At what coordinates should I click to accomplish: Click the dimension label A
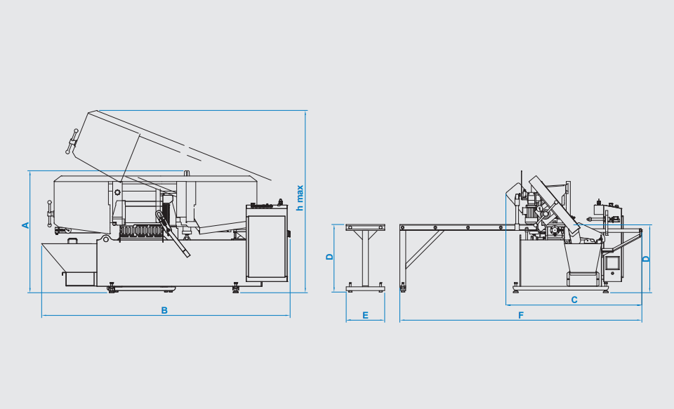pyautogui.click(x=25, y=225)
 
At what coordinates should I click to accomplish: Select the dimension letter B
pyautogui.click(x=164, y=310)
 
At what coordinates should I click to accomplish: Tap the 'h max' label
pyautogui.click(x=300, y=198)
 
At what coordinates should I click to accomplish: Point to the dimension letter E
pyautogui.click(x=365, y=315)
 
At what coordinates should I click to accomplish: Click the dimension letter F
pyautogui.click(x=521, y=315)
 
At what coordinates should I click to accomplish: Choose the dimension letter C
pyautogui.click(x=574, y=300)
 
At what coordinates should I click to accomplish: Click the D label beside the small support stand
pyautogui.click(x=330, y=257)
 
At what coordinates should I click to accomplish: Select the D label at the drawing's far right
pyautogui.click(x=646, y=259)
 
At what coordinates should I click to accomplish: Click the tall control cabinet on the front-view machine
pyautogui.click(x=267, y=243)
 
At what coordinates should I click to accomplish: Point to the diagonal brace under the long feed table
pyautogui.click(x=424, y=250)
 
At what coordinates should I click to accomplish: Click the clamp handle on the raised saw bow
pyautogui.click(x=72, y=141)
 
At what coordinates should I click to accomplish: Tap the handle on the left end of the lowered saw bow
pyautogui.click(x=50, y=213)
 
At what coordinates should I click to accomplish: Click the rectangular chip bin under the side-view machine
pyautogui.click(x=583, y=279)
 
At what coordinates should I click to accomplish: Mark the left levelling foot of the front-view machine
pyautogui.click(x=112, y=288)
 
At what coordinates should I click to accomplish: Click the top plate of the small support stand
pyautogui.click(x=365, y=227)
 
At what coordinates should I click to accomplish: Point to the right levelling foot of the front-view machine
pyautogui.click(x=236, y=288)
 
